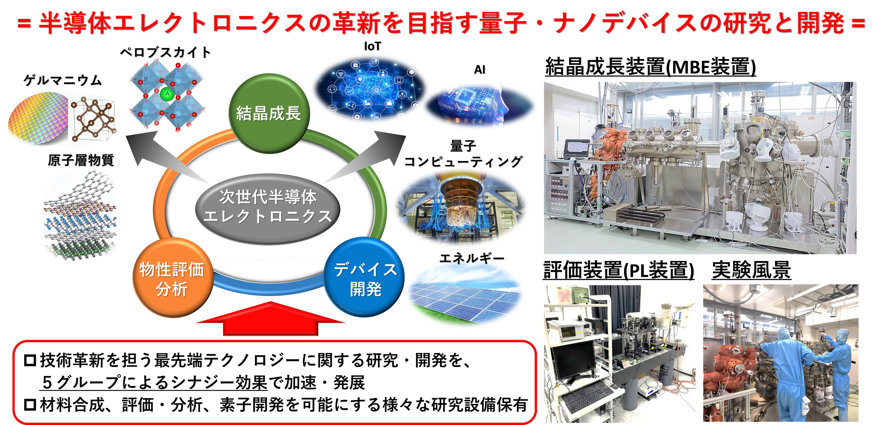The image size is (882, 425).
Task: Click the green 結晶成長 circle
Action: (269, 113)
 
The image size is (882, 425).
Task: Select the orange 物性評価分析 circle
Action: (173, 278)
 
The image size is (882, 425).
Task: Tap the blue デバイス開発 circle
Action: (364, 277)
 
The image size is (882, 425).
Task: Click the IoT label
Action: (372, 46)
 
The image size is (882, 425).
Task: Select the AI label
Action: (479, 70)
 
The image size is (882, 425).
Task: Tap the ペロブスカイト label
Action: (165, 52)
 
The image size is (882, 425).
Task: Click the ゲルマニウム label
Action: (63, 81)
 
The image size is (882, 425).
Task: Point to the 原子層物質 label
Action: (81, 160)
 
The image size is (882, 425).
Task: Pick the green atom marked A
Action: (167, 94)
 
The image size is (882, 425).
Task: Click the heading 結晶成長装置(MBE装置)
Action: (650, 66)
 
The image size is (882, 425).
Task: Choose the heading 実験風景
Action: (751, 270)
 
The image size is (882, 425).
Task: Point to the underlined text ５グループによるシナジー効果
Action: (154, 382)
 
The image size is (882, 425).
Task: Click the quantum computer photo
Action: (461, 207)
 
